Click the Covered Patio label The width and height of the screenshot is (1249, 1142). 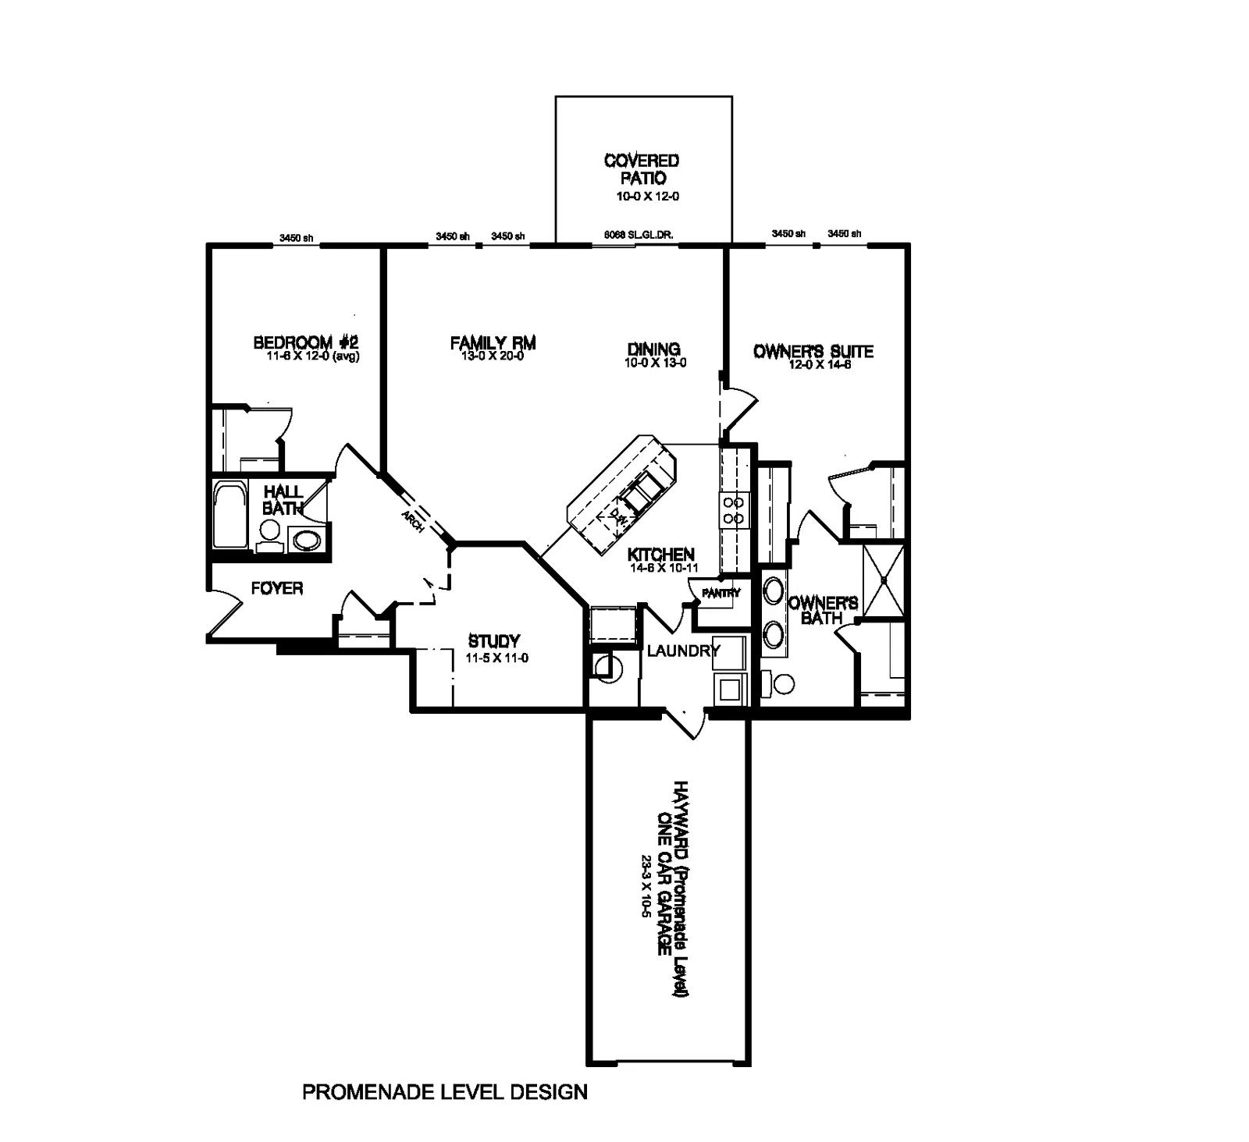click(x=641, y=168)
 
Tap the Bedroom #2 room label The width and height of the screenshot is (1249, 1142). click(x=305, y=342)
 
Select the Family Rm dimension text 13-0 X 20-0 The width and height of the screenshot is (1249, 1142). click(x=493, y=356)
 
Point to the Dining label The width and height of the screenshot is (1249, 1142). click(x=653, y=349)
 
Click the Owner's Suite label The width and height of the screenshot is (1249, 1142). click(x=813, y=351)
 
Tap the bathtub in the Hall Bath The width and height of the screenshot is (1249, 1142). click(x=230, y=516)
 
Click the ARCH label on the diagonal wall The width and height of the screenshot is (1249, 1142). click(x=412, y=522)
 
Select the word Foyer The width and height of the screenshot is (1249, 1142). click(x=276, y=588)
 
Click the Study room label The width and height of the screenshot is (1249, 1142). click(x=493, y=641)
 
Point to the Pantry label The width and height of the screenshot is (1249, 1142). click(x=720, y=593)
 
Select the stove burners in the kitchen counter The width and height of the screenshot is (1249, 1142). click(x=733, y=510)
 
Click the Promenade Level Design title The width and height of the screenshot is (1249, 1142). click(x=444, y=1091)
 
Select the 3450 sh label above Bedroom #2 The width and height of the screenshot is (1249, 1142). click(x=296, y=238)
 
